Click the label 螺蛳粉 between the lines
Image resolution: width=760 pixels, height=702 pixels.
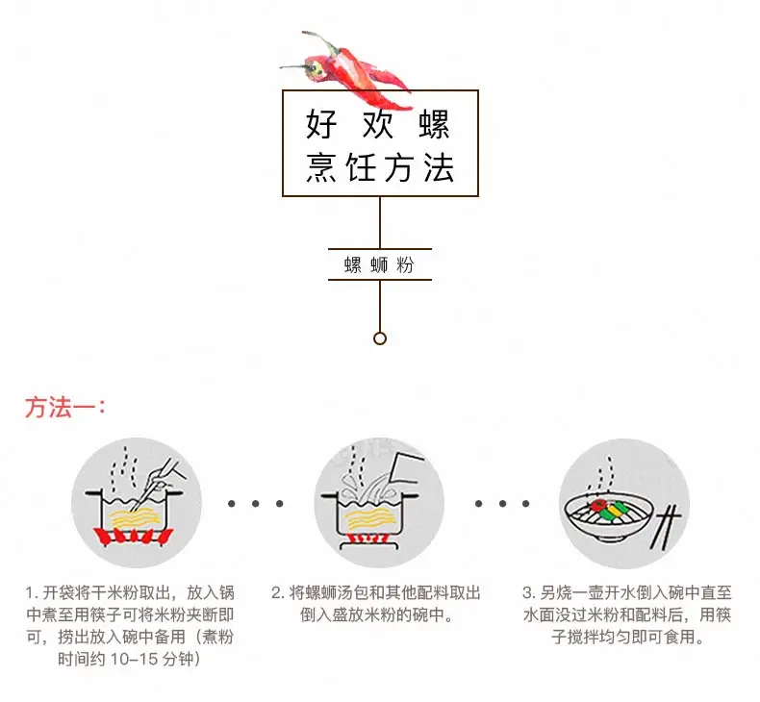[x=379, y=264]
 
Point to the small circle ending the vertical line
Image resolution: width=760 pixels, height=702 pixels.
[x=380, y=338]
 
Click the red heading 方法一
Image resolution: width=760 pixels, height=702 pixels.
[x=63, y=407]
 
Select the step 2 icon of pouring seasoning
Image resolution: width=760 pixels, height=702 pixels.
[x=379, y=503]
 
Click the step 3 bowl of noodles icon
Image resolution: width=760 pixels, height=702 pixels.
[x=623, y=503]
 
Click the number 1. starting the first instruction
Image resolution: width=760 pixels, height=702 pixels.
[x=32, y=593]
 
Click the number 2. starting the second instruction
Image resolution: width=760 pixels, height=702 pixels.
[x=276, y=593]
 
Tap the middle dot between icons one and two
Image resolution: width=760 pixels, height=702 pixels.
[x=257, y=503]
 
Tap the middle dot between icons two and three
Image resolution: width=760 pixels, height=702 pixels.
[x=501, y=503]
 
